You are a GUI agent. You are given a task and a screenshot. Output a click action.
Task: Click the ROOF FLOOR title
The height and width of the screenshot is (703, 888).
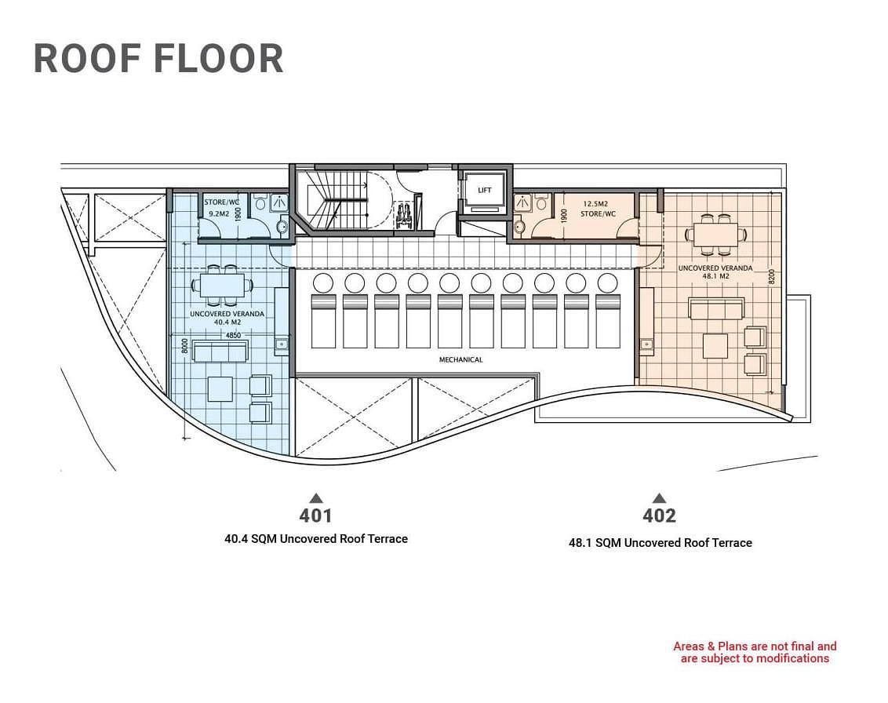[158, 58]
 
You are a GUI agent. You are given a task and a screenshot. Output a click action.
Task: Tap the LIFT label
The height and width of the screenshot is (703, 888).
[484, 191]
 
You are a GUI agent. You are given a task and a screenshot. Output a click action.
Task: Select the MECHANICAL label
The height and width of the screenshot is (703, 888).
[461, 359]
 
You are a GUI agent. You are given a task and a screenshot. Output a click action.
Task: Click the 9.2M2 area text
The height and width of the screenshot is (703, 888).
[218, 213]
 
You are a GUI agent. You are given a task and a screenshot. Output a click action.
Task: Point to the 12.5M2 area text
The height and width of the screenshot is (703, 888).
[595, 203]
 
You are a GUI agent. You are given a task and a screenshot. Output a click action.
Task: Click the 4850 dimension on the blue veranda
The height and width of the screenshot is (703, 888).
[233, 335]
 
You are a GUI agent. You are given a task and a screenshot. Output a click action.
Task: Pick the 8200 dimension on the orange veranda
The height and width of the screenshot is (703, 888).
[771, 278]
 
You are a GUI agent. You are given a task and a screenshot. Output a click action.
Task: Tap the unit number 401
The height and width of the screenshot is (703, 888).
[315, 515]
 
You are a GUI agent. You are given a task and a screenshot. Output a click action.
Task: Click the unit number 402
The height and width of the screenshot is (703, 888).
[659, 515]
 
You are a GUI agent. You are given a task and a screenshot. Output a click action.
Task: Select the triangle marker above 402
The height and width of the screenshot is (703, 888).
[659, 498]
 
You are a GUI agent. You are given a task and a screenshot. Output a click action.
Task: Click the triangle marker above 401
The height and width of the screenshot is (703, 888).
[316, 498]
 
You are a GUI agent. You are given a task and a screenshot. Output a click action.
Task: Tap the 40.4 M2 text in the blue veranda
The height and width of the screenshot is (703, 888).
[227, 322]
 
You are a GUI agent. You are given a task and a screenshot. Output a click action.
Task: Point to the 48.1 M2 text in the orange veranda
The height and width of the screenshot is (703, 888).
[715, 276]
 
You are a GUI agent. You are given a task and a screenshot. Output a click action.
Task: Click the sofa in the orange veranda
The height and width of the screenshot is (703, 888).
[716, 309]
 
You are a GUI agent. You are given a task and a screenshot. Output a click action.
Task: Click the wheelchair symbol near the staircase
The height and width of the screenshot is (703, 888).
[404, 214]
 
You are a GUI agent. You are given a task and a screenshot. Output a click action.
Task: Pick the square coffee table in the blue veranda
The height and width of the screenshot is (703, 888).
[220, 388]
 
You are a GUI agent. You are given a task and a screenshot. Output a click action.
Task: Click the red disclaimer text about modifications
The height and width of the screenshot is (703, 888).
[755, 652]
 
